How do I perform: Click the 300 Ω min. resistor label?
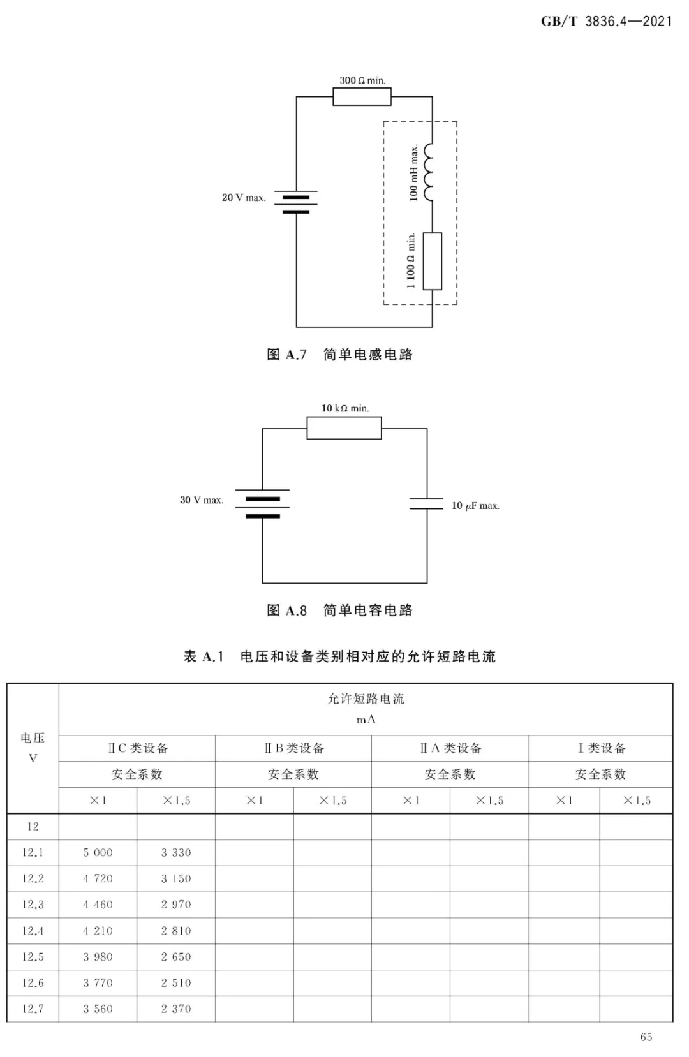click(x=362, y=80)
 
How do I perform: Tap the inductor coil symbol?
click(x=427, y=172)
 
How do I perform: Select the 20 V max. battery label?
click(x=244, y=197)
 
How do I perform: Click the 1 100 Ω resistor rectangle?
click(x=433, y=261)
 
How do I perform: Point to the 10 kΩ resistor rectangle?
click(x=344, y=428)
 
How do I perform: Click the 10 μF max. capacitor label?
click(x=475, y=505)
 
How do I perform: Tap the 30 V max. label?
click(x=202, y=499)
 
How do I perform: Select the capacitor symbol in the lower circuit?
click(x=426, y=503)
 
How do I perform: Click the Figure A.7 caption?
click(x=340, y=355)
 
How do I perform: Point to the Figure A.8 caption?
click(x=340, y=610)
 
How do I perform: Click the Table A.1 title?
click(x=340, y=656)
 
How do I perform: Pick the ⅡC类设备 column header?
click(x=137, y=748)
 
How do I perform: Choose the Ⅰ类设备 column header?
click(x=601, y=748)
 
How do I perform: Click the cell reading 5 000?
click(x=98, y=852)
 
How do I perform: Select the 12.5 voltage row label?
click(x=33, y=956)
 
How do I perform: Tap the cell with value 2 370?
click(x=176, y=1009)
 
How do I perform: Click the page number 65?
click(x=646, y=1037)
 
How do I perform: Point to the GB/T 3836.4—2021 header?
click(x=607, y=21)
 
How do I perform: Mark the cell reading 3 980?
click(x=98, y=956)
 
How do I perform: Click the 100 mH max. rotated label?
click(x=413, y=173)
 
